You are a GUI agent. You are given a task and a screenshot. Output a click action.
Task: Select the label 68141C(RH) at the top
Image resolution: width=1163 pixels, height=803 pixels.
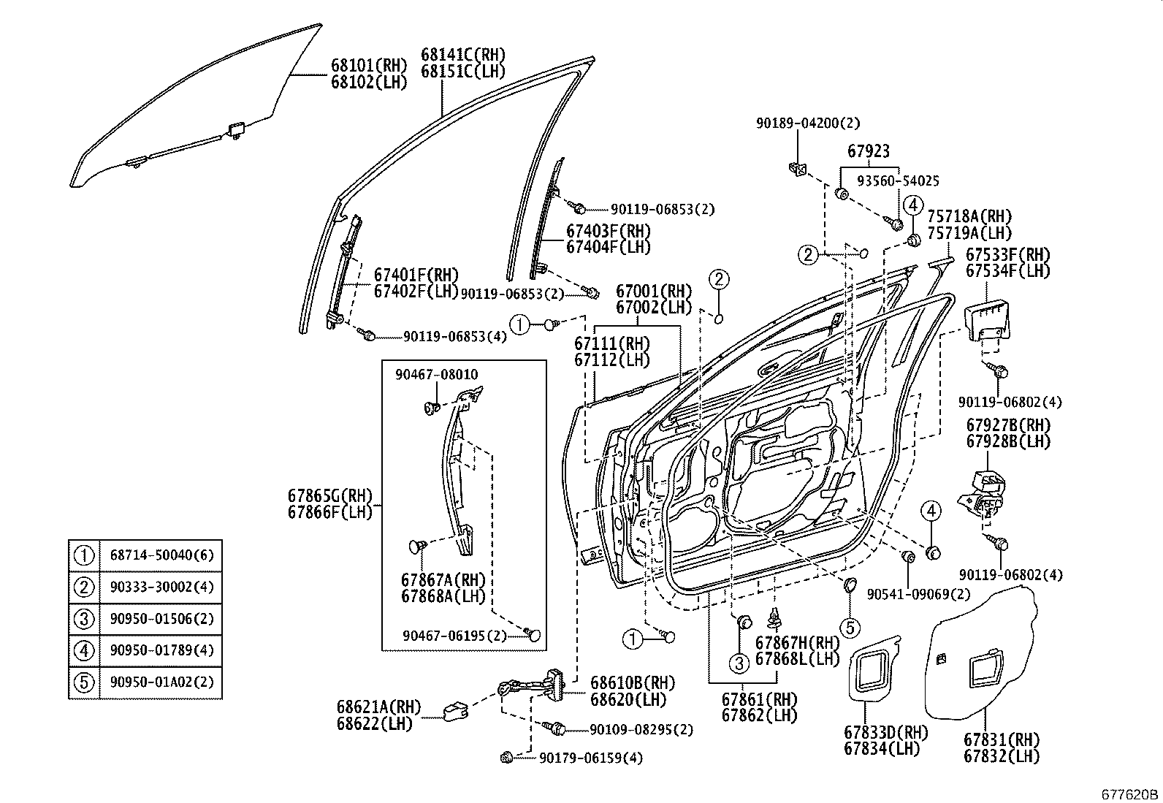point(462,56)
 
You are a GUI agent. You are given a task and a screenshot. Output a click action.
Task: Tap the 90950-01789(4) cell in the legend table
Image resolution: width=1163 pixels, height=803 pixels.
point(161,650)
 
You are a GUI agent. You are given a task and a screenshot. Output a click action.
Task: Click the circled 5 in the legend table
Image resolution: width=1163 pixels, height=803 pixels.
point(84,682)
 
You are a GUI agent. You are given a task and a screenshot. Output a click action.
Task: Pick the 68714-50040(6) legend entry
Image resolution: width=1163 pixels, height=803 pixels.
point(161,555)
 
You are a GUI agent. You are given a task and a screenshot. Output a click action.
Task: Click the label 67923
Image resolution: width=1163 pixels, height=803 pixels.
point(868,151)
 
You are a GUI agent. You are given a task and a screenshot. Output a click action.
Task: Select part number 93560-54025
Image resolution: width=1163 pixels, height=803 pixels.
point(898,180)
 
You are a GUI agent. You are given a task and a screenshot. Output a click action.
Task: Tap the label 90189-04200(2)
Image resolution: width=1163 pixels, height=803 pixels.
point(807,123)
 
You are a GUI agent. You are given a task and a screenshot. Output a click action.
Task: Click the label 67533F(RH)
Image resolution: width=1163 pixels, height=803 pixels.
point(1007,256)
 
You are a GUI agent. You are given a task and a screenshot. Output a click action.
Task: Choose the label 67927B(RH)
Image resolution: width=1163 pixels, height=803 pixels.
point(1007,425)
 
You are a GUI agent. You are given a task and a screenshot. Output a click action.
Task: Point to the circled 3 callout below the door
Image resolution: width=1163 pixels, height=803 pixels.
point(739,663)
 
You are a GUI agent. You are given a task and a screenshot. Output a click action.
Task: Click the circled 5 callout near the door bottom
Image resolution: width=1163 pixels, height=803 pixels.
point(850,626)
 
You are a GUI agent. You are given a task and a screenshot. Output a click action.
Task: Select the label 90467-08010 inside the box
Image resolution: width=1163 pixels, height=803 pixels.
point(436,375)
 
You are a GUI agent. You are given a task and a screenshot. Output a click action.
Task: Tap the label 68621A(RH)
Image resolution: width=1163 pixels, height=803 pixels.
point(378,707)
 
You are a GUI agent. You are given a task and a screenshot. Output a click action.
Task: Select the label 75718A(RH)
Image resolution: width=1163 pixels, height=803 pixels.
point(969,217)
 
